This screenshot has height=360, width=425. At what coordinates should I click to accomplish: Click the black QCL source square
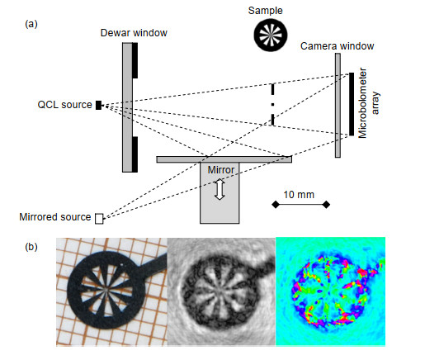(x=98, y=105)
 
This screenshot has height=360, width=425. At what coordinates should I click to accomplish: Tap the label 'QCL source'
(x=64, y=105)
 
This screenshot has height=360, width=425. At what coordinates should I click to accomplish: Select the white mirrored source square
(x=99, y=219)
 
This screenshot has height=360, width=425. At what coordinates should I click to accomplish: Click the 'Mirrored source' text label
(x=55, y=217)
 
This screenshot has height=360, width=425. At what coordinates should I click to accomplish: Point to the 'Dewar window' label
(x=134, y=33)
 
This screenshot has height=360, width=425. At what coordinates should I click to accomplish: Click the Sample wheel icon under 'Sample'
(x=271, y=35)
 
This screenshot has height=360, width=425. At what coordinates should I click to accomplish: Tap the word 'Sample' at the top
(x=265, y=11)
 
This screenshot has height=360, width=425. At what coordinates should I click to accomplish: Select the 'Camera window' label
(x=337, y=46)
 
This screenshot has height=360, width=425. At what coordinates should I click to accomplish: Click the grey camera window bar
(x=338, y=106)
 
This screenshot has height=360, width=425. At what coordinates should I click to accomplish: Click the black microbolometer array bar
(x=352, y=104)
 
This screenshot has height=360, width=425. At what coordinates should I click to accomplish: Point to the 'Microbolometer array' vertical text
(x=369, y=103)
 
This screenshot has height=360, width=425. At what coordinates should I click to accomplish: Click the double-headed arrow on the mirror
(x=220, y=189)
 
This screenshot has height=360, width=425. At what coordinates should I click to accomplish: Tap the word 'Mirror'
(x=221, y=170)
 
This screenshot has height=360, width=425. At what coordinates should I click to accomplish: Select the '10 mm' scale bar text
(x=299, y=195)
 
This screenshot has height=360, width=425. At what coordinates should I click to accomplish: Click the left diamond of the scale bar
(x=276, y=205)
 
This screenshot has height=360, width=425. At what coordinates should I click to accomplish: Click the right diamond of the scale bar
(x=326, y=205)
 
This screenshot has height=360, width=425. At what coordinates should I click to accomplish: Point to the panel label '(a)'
(x=31, y=24)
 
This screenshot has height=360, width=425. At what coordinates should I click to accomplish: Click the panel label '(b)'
(x=31, y=247)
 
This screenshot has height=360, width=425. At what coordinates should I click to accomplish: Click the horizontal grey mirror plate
(x=224, y=159)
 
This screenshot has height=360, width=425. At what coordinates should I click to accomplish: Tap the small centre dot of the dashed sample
(x=272, y=105)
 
